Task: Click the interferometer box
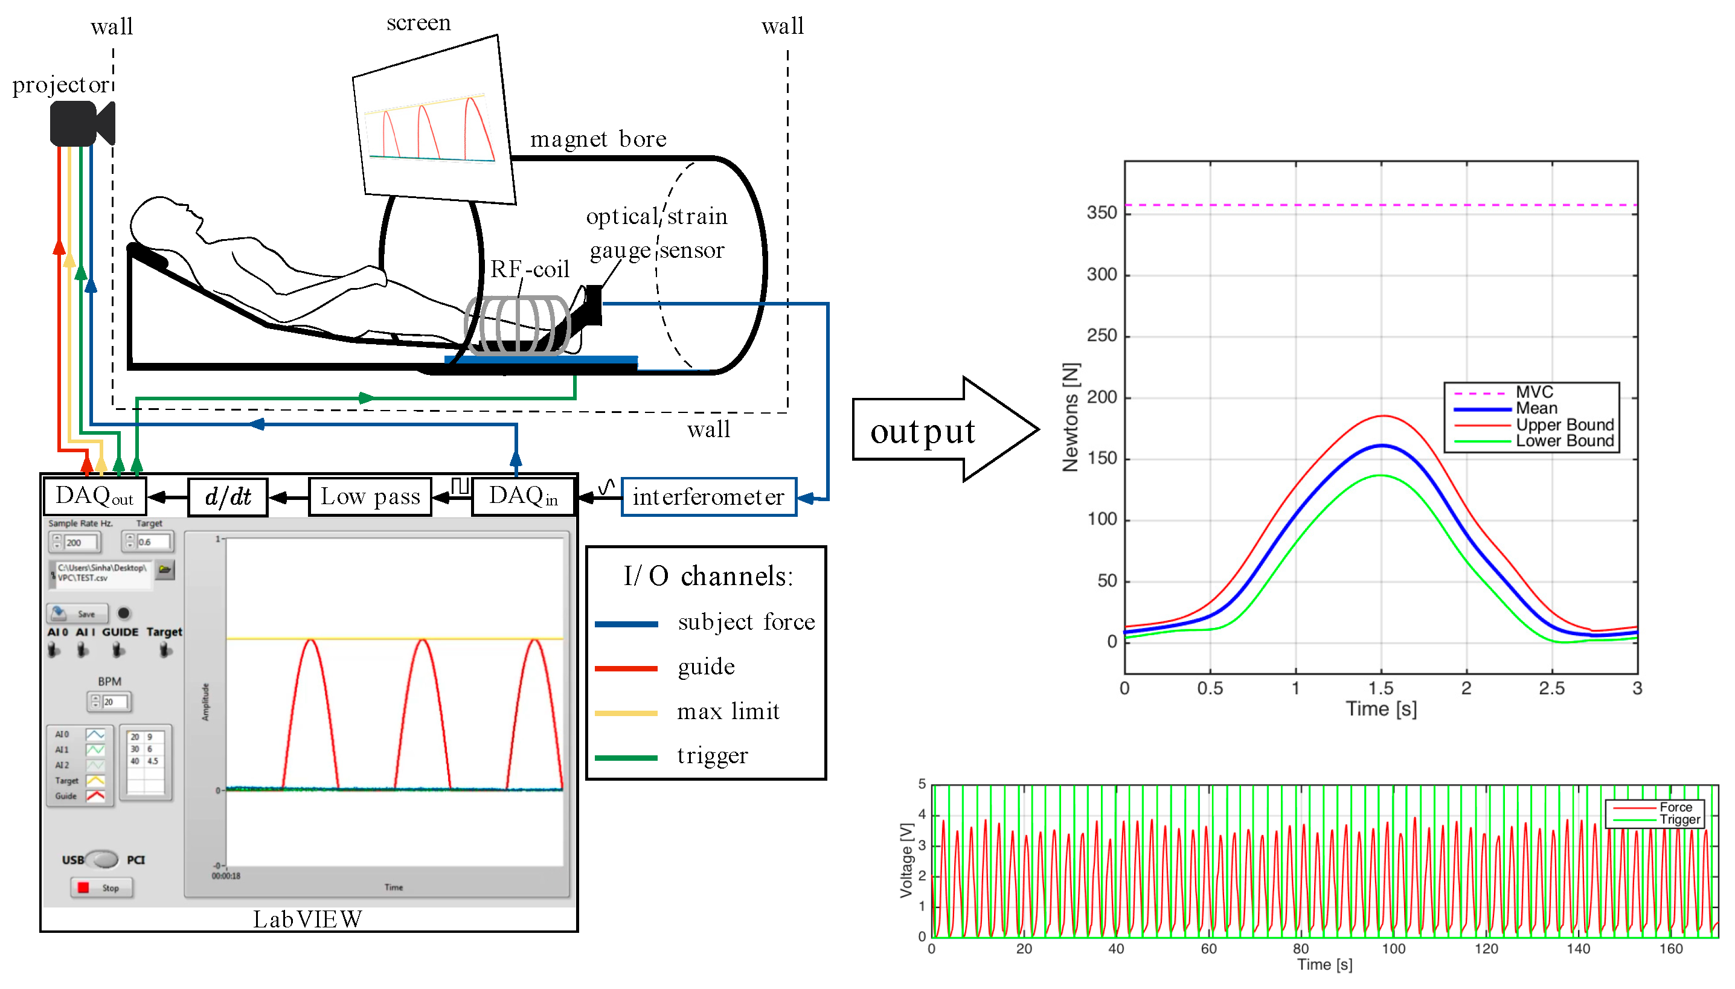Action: (708, 498)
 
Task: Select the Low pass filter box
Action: (370, 498)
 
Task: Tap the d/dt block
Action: (228, 498)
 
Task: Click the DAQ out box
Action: (94, 496)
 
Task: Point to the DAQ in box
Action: (523, 496)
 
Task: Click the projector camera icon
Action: (82, 123)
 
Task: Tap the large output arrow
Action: (944, 430)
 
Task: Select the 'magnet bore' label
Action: (598, 139)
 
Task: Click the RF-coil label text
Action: (530, 269)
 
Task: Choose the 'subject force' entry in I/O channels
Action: (746, 622)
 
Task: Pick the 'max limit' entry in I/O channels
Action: (728, 711)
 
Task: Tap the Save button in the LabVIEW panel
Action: (77, 613)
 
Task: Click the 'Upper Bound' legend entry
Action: (1564, 424)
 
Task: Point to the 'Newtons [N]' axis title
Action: (1070, 417)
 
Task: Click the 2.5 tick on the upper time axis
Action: (1551, 689)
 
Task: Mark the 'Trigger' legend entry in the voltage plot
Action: (1679, 819)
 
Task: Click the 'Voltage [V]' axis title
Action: (905, 860)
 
